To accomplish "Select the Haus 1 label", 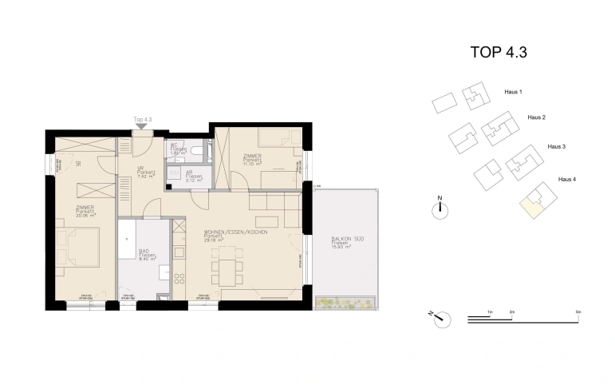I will click(514, 93).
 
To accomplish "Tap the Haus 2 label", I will click(536, 117).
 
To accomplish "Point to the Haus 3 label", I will click(556, 147).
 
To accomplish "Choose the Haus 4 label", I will click(566, 179).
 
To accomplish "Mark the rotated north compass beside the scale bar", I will click(439, 318).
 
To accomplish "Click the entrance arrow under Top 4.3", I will click(142, 125).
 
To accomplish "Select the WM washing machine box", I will click(172, 172).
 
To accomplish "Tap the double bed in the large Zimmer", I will click(80, 248).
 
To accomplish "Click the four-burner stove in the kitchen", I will click(179, 280).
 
